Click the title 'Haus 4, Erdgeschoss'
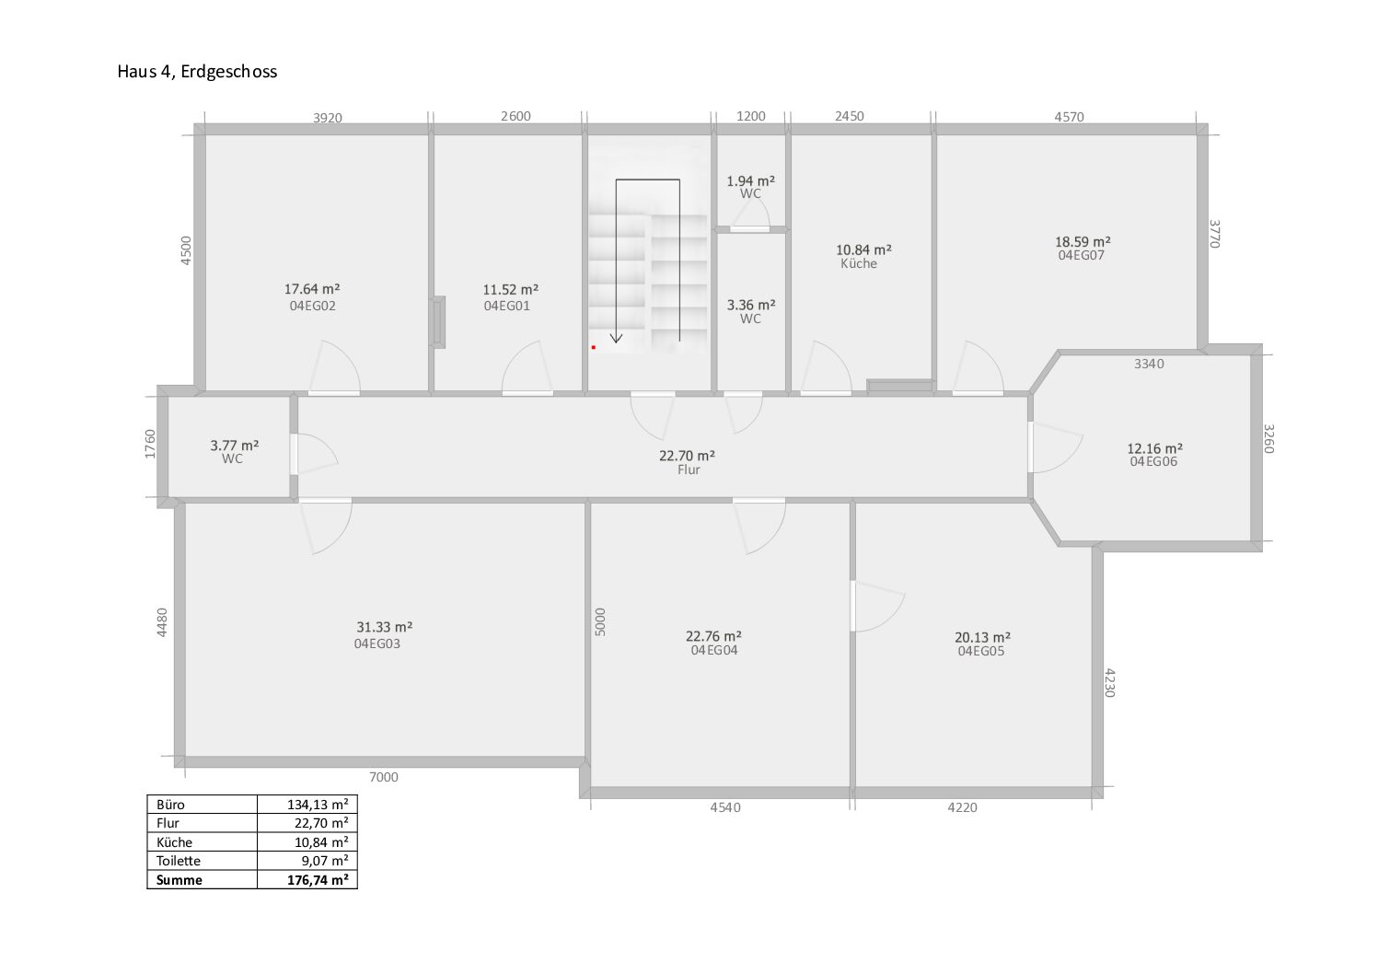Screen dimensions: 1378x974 [x=197, y=72]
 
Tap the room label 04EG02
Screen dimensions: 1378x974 [x=312, y=306]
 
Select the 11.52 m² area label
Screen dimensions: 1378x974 [x=511, y=289]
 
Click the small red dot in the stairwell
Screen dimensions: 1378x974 [x=594, y=348]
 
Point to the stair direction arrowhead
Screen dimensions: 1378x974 [x=617, y=338]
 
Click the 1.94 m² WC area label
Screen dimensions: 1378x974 [x=750, y=180]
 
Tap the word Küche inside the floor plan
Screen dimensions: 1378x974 [x=859, y=263]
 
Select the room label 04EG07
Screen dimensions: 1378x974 [x=1082, y=255]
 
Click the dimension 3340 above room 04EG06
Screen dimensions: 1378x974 [x=1149, y=364]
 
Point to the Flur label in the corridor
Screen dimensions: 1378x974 [x=689, y=470]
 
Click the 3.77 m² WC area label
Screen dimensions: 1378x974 [x=235, y=445]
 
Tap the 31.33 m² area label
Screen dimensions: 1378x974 [x=385, y=627]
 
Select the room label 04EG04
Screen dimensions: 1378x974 [x=714, y=650]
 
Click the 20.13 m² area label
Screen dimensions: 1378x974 [x=982, y=637]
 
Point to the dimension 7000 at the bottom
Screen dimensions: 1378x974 [x=383, y=777]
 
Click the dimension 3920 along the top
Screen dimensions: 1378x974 [x=328, y=118]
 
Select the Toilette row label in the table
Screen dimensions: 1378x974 [x=179, y=861]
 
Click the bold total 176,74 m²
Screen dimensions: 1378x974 [x=318, y=880]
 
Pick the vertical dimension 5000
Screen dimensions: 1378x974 [x=601, y=622]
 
